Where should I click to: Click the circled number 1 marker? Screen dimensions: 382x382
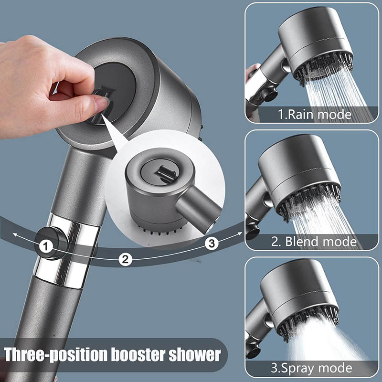[45, 246]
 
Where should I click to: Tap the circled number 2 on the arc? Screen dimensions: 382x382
[125, 259]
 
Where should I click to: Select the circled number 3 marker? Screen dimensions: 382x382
[211, 244]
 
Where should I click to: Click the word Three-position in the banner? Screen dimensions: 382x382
[55, 355]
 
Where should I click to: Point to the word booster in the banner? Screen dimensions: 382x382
[138, 354]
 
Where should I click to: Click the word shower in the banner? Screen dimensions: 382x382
[195, 354]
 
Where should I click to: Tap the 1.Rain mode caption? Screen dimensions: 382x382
[315, 114]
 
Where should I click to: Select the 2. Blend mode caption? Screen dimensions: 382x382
[314, 242]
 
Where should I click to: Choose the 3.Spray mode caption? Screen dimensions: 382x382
[312, 368]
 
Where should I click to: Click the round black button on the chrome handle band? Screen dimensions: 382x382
[52, 243]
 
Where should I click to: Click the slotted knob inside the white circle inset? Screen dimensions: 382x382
[166, 173]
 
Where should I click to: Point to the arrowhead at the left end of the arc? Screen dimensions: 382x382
[15, 235]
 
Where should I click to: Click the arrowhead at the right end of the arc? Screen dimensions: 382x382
[240, 233]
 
